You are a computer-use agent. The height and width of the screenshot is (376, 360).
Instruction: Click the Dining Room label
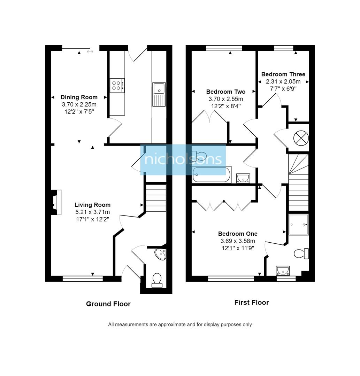[x=79, y=97]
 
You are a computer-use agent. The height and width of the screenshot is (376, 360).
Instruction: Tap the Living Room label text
[x=92, y=205]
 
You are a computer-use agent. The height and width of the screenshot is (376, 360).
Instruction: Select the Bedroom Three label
[x=283, y=74]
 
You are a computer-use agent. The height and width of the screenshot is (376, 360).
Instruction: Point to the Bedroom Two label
[x=225, y=92]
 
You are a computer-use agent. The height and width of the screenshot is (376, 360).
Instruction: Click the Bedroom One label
[x=238, y=234]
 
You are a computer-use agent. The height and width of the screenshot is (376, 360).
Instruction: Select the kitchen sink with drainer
[x=159, y=94]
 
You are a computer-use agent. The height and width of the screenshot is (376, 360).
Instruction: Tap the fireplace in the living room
[x=56, y=202]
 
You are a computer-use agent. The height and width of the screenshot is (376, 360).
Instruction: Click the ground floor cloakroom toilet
[x=157, y=280]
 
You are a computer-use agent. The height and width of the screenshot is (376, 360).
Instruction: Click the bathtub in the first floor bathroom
[x=211, y=174]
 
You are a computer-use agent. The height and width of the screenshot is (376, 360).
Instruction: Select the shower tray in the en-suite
[x=299, y=225]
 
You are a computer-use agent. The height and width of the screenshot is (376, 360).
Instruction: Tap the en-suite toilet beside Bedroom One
[x=301, y=253]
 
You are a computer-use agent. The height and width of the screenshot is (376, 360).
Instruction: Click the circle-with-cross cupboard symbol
[x=301, y=138]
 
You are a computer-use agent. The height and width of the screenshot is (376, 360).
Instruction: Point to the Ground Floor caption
[x=108, y=304]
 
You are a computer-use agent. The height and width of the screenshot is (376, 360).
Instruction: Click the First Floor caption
[x=251, y=303]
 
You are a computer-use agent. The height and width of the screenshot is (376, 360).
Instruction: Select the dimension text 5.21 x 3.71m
[x=92, y=212]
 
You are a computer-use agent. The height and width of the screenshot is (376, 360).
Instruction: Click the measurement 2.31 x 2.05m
[x=283, y=81]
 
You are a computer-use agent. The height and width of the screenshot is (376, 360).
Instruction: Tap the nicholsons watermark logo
[x=183, y=159]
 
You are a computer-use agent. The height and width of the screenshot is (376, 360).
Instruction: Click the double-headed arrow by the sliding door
[x=90, y=52]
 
